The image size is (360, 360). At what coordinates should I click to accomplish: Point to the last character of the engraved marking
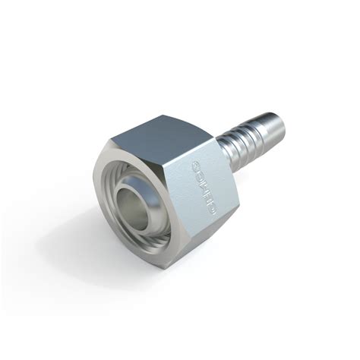click(207, 208)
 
